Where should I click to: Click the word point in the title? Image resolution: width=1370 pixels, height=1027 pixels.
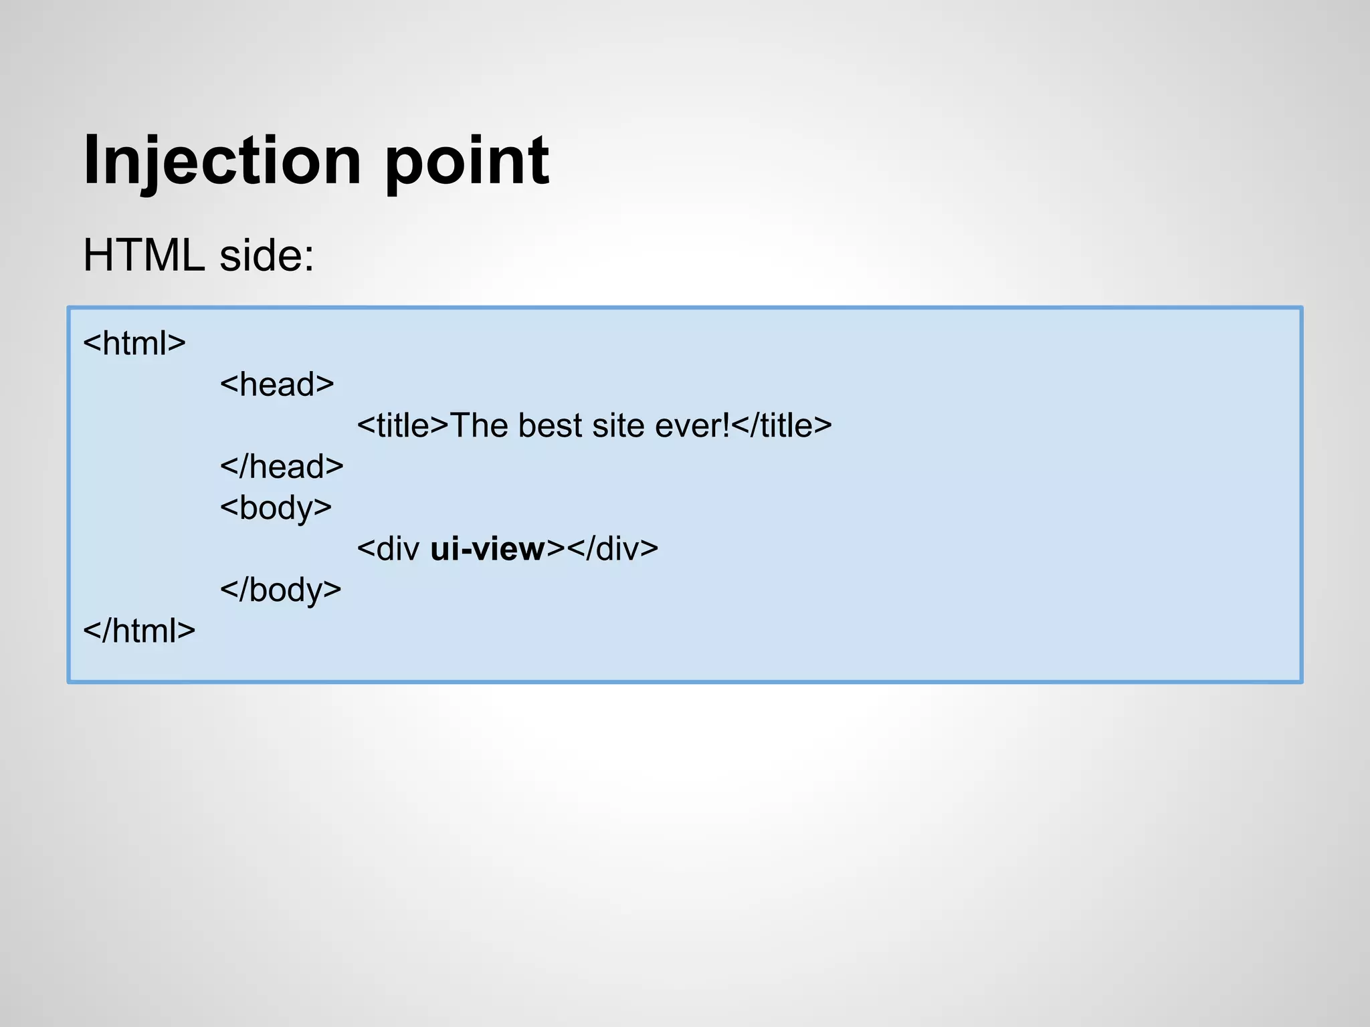coord(467,160)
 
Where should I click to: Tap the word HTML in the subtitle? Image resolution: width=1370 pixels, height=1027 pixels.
coord(144,255)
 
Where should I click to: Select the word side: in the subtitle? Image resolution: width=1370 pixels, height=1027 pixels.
coord(267,255)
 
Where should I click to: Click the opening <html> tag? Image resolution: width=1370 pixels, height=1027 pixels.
coord(134,343)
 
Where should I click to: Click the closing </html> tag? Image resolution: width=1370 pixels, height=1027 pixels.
coord(139,631)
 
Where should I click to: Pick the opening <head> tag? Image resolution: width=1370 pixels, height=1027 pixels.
coord(277,384)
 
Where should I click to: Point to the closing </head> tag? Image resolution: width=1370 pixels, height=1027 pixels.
coord(282,467)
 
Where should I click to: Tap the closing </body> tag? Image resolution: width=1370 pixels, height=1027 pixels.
coord(281,590)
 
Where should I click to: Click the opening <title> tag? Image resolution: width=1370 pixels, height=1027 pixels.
coord(403,426)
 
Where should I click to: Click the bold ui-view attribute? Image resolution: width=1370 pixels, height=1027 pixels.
coord(488,549)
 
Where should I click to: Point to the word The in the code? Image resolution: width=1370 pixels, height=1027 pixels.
coord(479,426)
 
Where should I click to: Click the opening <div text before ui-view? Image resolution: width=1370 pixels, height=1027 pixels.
coord(389,549)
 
